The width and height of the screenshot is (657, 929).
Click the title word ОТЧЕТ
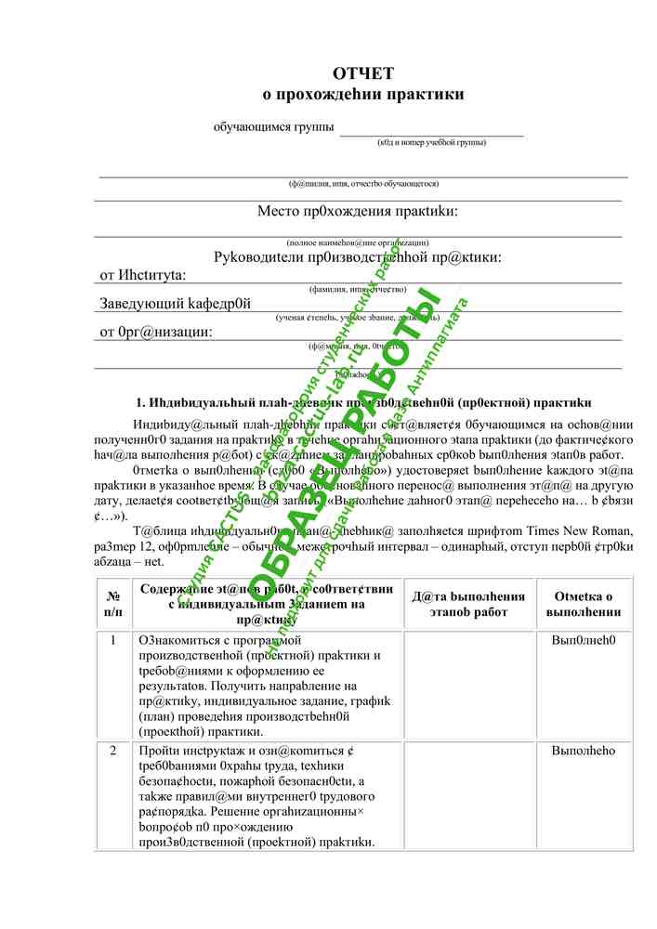coord(363,74)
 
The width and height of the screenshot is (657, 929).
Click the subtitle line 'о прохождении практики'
coord(363,94)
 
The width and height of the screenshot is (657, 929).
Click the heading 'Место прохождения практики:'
coord(358,212)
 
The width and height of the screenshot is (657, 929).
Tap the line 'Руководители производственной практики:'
coord(358,256)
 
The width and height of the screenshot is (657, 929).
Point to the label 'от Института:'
coord(143,275)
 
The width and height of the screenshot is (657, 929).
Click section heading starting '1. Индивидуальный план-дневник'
coord(363,403)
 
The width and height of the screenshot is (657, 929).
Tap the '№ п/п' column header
coord(113,604)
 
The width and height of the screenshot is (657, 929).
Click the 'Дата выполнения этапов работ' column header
coord(468,604)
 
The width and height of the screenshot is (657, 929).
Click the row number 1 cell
coord(113,641)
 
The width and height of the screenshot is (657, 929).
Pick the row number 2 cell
coord(113,751)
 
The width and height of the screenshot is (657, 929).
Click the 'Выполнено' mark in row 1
coord(584,641)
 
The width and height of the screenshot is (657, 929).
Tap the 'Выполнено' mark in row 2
coord(584,751)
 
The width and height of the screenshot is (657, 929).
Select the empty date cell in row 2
coord(468,795)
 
